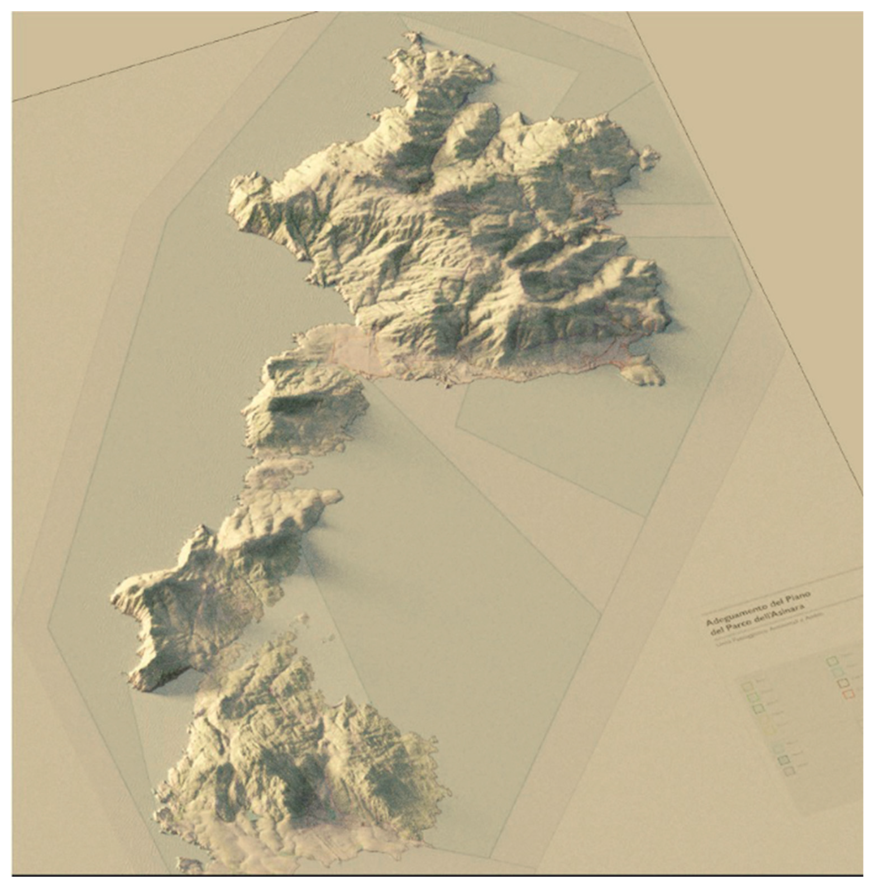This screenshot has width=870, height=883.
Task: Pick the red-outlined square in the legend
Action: (849, 694)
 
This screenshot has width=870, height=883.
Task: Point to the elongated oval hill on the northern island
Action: (471, 130)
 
